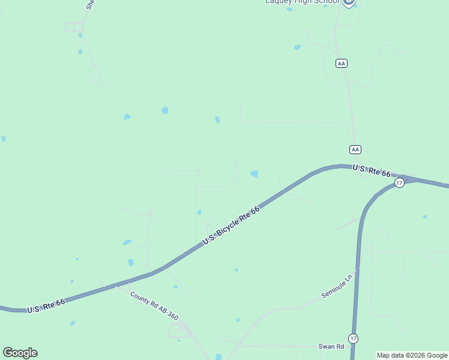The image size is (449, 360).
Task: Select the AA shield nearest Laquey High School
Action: point(342,63)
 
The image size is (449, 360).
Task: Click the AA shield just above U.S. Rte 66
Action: point(355,149)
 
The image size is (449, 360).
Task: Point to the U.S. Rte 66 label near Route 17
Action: point(372,170)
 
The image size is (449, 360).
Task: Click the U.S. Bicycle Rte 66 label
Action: point(231,225)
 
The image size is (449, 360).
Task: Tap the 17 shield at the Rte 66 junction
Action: point(399,182)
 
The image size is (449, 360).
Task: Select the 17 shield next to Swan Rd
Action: point(354,338)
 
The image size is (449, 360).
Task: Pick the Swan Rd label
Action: point(331,346)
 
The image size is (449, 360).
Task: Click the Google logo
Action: point(20,353)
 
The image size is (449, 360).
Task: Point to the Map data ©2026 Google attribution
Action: point(412,355)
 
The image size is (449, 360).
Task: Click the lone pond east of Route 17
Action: point(425,217)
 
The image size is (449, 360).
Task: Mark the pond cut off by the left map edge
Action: point(3,139)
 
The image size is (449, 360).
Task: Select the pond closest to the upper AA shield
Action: point(297,47)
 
